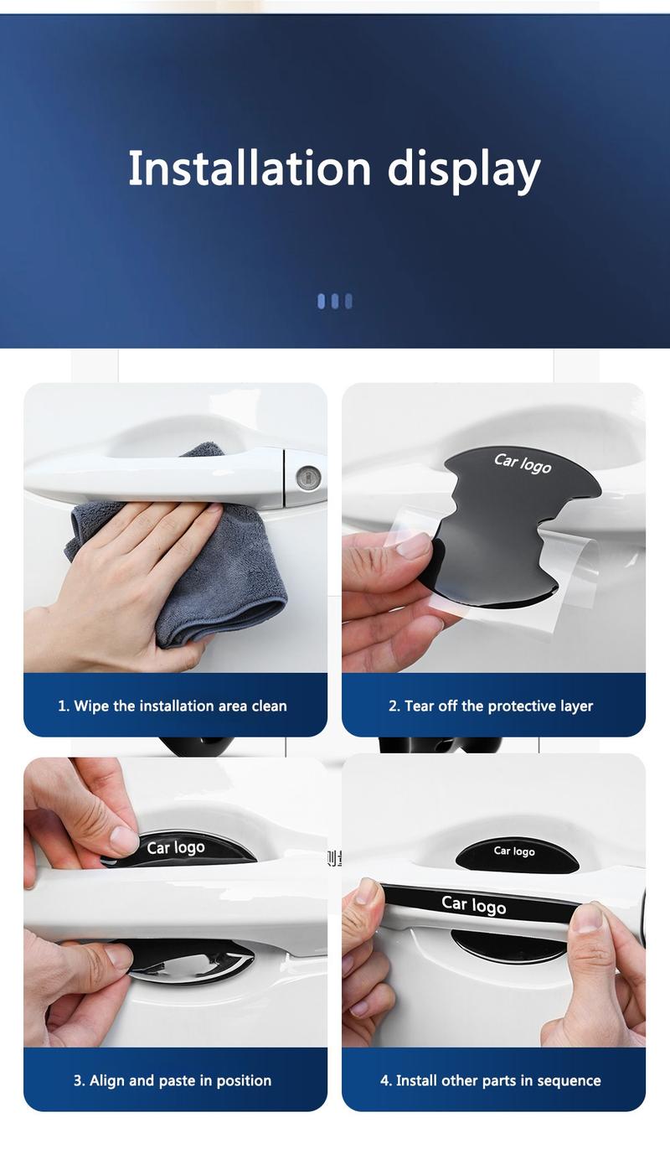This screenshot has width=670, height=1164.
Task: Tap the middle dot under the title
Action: tap(335, 301)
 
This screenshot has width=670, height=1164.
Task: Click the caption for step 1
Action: tap(173, 706)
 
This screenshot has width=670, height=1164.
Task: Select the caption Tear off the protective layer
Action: tap(491, 706)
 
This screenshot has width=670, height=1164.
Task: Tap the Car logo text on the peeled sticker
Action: tap(523, 463)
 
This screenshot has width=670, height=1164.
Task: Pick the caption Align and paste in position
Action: tap(173, 1080)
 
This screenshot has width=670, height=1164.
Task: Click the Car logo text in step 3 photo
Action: tap(176, 847)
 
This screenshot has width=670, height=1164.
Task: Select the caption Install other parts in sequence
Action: tap(491, 1080)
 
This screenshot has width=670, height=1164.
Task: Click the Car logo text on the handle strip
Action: tap(473, 904)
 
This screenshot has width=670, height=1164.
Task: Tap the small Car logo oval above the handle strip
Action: tap(514, 852)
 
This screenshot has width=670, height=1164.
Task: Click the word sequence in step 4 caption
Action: tap(569, 1080)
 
